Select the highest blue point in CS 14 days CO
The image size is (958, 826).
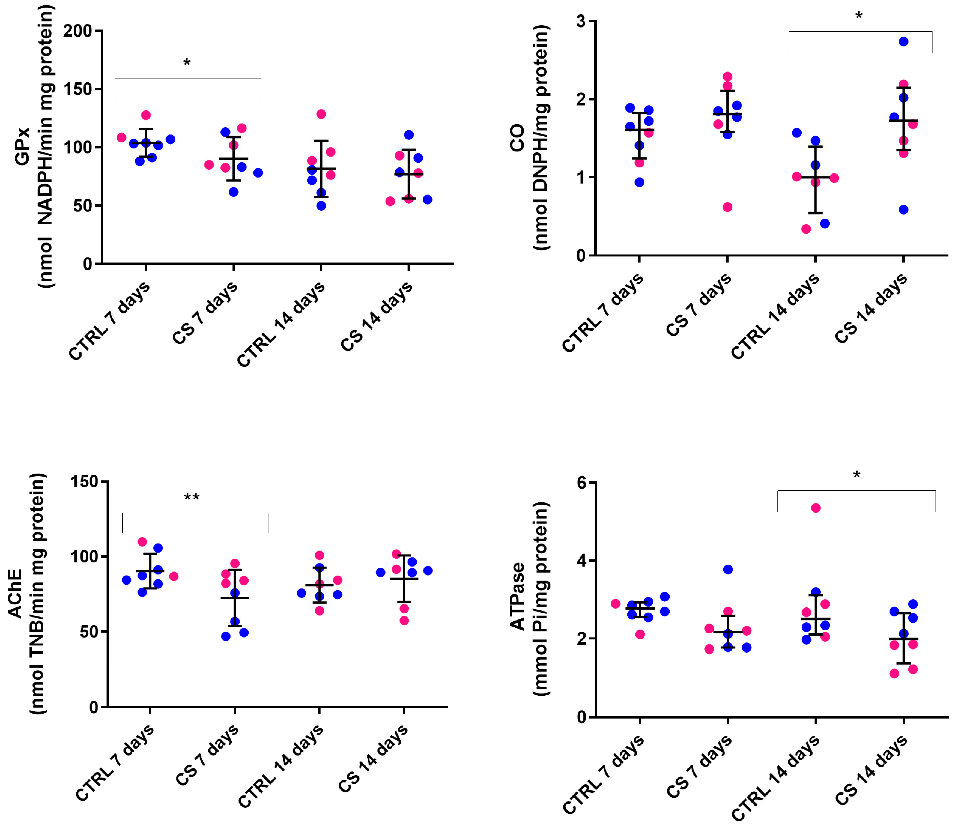point(903,42)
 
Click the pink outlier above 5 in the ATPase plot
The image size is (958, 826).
point(816,508)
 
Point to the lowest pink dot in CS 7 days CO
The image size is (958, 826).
point(727,207)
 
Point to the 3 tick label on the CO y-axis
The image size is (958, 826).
point(581,22)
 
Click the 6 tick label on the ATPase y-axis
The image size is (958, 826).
point(581,483)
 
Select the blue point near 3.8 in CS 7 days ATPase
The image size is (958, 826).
point(728,570)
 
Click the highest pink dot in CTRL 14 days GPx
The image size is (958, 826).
point(321,114)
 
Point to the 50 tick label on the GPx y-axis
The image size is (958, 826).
point(83,206)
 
